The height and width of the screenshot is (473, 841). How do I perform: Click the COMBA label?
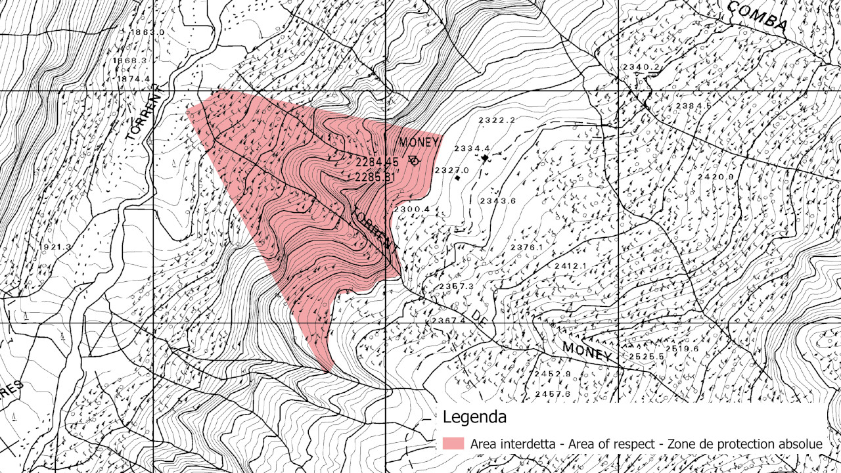[x=758, y=16]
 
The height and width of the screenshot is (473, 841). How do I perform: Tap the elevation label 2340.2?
[x=641, y=68]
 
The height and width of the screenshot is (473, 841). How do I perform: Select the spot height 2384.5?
[x=694, y=106]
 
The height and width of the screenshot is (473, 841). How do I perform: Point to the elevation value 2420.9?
[x=715, y=177]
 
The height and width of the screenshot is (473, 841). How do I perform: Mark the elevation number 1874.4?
[x=133, y=79]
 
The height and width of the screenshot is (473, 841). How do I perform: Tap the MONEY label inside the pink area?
[x=419, y=143]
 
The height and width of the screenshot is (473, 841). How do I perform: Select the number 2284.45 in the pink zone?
[x=378, y=162]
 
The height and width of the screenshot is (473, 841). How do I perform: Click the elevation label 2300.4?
[x=411, y=209]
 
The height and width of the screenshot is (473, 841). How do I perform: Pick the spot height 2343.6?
[x=498, y=200]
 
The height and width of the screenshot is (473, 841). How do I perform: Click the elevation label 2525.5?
[x=647, y=356]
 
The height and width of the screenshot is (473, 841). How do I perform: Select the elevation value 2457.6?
[x=552, y=394]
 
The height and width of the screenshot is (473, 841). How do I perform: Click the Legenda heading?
[x=474, y=417]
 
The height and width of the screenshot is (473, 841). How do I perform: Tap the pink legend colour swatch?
[x=453, y=444]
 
